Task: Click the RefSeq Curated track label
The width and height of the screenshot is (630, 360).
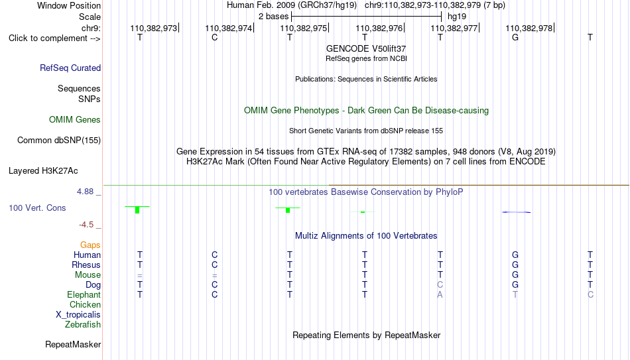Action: click(70, 68)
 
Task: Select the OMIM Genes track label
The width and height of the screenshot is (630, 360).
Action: click(75, 120)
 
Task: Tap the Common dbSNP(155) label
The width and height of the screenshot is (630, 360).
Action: click(59, 141)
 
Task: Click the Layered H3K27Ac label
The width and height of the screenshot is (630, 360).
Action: click(43, 171)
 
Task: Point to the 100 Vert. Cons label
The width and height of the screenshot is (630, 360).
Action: click(37, 208)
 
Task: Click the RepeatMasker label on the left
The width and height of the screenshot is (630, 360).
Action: click(73, 344)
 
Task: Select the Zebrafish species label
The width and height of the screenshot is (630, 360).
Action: click(83, 325)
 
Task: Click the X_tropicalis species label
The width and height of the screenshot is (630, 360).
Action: click(78, 315)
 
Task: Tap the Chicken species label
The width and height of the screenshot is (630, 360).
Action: click(85, 304)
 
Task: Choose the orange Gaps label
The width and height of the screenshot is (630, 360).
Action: click(90, 245)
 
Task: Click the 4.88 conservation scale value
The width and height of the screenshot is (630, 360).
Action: click(86, 192)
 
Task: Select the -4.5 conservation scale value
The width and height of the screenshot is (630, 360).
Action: click(86, 225)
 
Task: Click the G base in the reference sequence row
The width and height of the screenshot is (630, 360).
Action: click(515, 37)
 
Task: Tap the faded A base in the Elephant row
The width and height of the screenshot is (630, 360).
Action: click(440, 294)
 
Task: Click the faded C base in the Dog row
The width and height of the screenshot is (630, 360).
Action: click(440, 285)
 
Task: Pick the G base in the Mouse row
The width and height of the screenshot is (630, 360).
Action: click(515, 275)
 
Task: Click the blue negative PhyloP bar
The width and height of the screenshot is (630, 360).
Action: click(517, 212)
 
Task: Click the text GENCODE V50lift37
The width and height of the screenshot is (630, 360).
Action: click(366, 48)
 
